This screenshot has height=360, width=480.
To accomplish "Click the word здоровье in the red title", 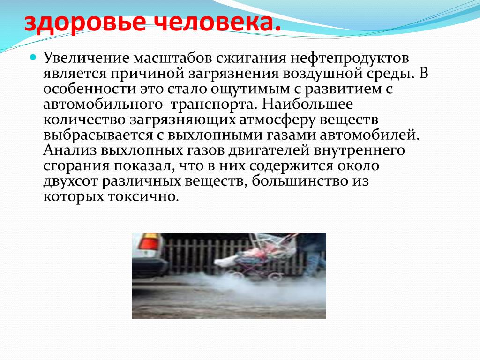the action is pos(85,23).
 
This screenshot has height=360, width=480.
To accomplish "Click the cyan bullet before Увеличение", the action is pos(33,57).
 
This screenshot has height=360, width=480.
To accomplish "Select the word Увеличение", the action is pos(86,58).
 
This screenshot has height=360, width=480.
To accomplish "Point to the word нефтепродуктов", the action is pos(350,59).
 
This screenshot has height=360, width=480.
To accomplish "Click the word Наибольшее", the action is pos(307,104).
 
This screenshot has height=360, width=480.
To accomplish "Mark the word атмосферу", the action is pos(277,120).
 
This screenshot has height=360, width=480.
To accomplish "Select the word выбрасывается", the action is pos(98,135).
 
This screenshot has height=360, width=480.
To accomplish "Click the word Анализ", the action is pos(70,150).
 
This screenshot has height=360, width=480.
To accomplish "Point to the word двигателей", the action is pos(269,150).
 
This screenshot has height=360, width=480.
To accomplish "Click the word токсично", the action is pos(143,196).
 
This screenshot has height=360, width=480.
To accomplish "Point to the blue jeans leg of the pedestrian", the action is pos(313,263).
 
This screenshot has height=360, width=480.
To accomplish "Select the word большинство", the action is pos(300,181).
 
